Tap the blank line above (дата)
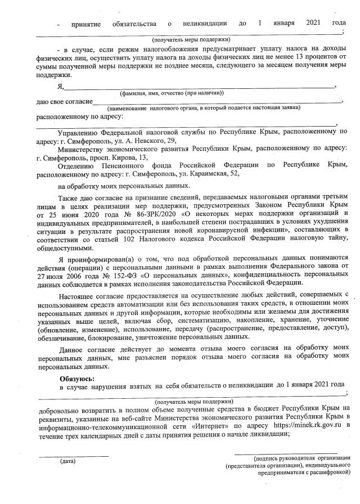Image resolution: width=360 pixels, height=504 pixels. [x=73, y=455]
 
